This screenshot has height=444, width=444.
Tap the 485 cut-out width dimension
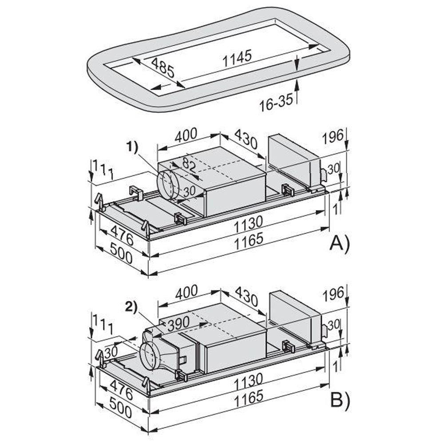click(163, 68)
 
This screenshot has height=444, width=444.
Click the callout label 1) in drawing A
click(132, 147)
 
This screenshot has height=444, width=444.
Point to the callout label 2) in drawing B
click(131, 307)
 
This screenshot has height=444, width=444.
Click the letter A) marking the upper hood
click(340, 243)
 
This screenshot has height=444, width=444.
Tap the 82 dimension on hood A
click(189, 165)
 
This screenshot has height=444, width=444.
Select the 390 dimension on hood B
click(178, 323)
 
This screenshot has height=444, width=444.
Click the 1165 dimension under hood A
click(249, 241)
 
